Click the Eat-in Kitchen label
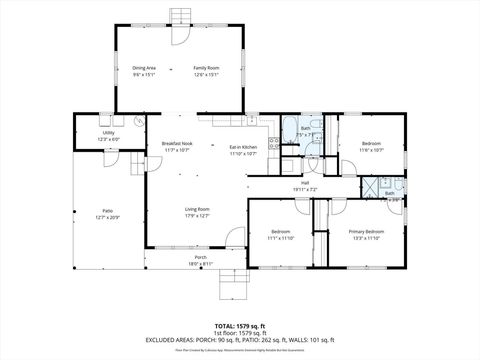pyautogui.click(x=244, y=148)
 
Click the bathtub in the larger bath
pyautogui.click(x=292, y=129)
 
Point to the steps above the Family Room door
pyautogui.click(x=180, y=16)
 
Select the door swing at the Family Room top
pyautogui.click(x=177, y=36)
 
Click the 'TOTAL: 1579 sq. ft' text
pyautogui.click(x=239, y=326)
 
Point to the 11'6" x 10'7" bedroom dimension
pyautogui.click(x=371, y=150)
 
